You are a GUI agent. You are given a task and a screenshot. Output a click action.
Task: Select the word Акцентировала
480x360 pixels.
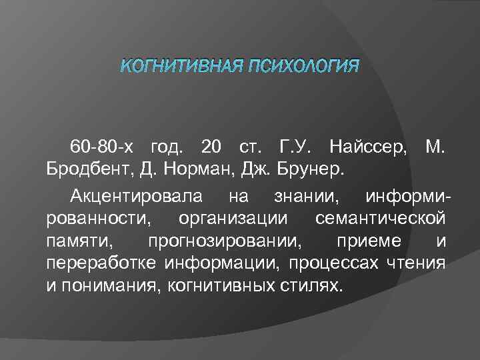(x=136, y=197)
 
